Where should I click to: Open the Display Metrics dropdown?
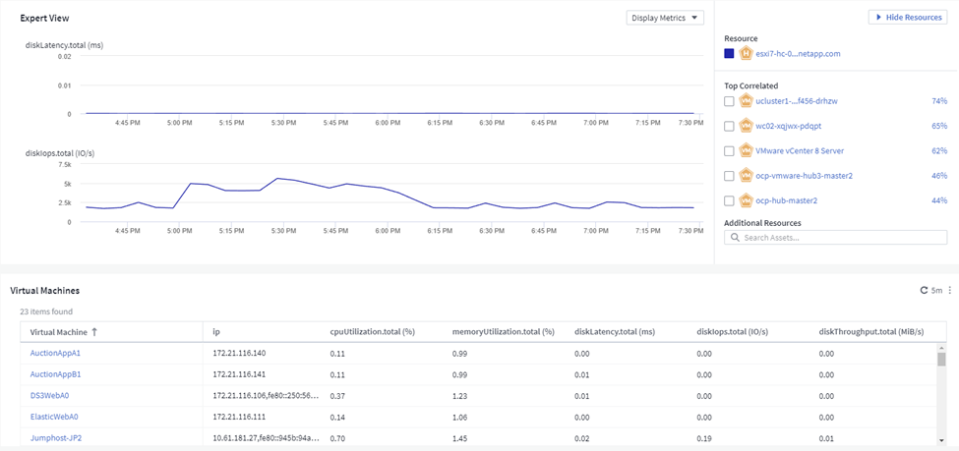(x=665, y=18)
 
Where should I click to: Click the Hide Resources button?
(x=908, y=17)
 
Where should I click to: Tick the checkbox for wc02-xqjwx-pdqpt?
(x=729, y=126)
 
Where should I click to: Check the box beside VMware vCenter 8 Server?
(x=729, y=151)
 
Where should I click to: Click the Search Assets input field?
(x=835, y=237)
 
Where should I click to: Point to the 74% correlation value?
(x=939, y=101)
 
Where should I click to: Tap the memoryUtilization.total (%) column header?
(x=503, y=332)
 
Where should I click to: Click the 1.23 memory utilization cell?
(x=459, y=395)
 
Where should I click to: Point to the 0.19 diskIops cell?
(x=704, y=438)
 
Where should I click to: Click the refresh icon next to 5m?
(x=925, y=290)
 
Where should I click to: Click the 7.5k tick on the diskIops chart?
(x=63, y=164)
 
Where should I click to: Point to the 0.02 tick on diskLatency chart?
(x=64, y=56)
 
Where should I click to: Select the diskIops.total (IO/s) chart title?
(x=59, y=152)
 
